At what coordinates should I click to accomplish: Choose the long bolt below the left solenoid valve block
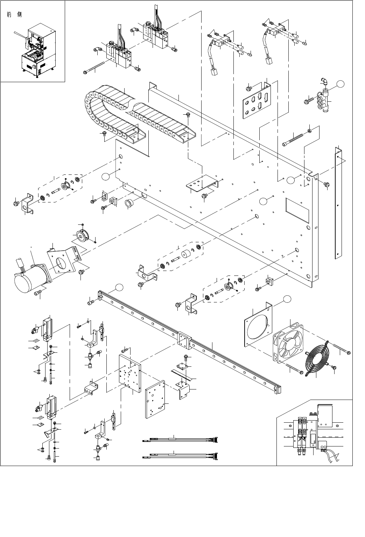pos(94,68)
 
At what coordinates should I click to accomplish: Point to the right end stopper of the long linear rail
pos(278,389)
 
